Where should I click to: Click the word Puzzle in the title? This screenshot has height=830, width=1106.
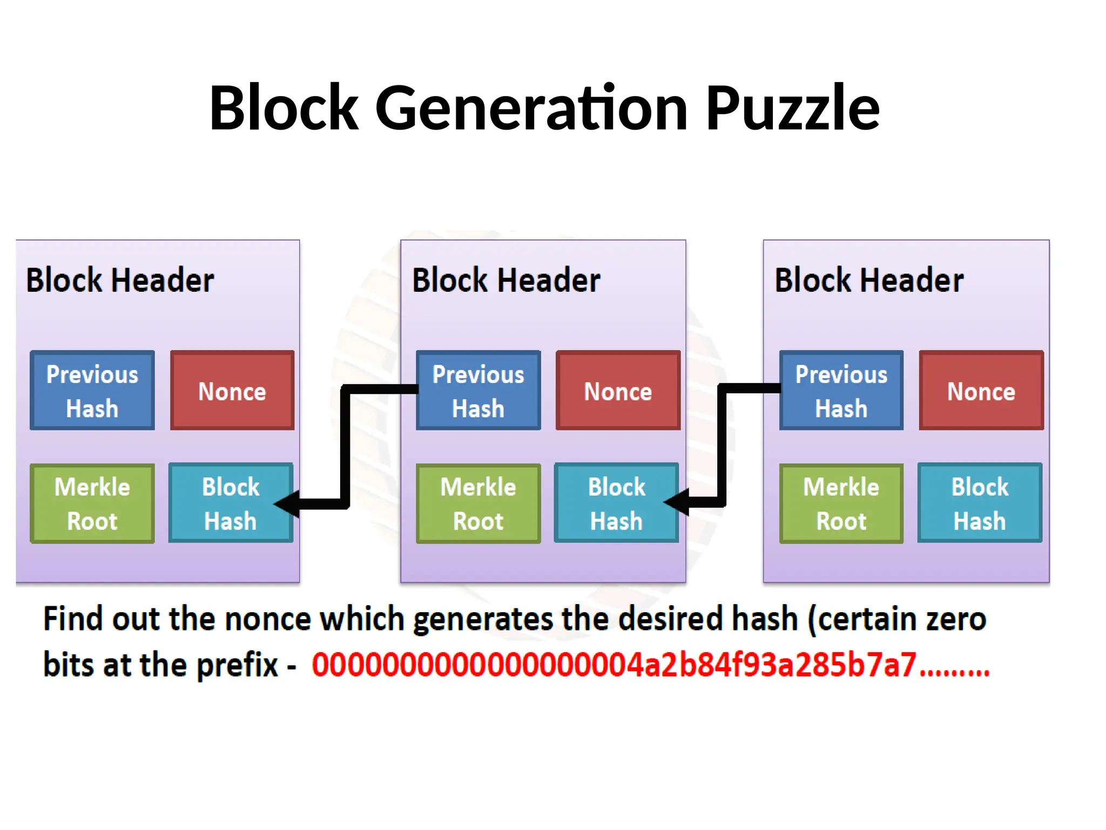[792, 108]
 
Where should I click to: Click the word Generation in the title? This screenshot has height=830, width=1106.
[531, 108]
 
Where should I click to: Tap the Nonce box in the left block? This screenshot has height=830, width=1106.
[232, 391]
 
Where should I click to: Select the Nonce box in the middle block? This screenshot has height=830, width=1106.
[618, 391]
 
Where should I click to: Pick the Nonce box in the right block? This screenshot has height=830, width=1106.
[981, 391]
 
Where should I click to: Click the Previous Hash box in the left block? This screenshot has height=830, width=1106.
[92, 391]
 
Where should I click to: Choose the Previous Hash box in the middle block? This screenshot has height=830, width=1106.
[478, 391]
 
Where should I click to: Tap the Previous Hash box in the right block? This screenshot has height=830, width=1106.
[841, 391]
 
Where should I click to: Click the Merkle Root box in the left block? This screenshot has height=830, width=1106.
[92, 504]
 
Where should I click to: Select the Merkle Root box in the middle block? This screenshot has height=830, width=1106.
[478, 504]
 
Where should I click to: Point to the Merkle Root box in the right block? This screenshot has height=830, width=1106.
[841, 504]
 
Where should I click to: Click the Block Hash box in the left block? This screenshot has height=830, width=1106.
[231, 504]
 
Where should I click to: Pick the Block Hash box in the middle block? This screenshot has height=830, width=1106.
[616, 504]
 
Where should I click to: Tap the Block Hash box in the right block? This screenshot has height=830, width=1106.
[980, 504]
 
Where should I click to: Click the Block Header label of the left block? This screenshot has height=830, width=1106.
[120, 280]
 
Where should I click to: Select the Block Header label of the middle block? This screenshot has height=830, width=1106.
[506, 280]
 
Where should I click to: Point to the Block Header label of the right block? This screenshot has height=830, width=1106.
[869, 280]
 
